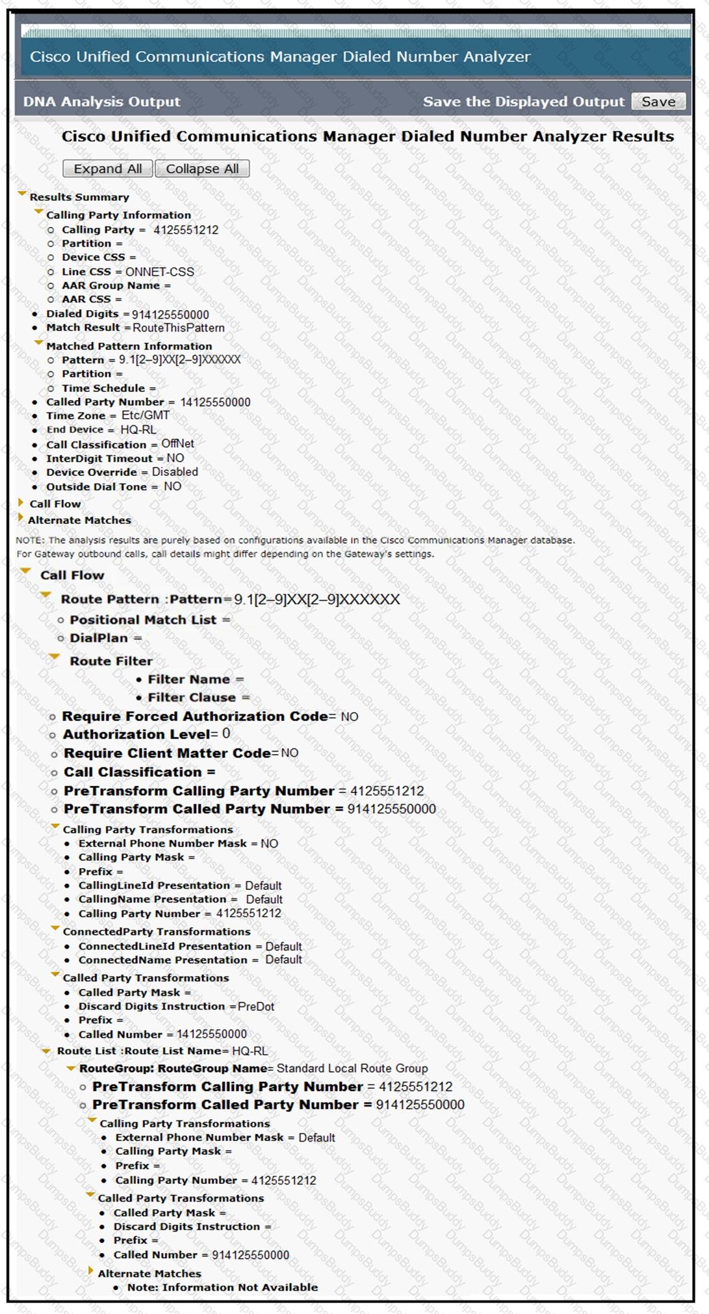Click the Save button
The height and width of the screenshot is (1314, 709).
coord(658,101)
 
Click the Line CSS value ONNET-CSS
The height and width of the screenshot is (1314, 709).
coord(159,272)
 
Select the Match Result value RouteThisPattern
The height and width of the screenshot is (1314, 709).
coord(179,328)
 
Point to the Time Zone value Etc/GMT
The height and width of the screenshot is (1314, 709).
coord(146,415)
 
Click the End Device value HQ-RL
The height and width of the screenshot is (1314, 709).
coord(138,430)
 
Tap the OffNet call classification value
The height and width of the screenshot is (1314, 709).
coord(177,443)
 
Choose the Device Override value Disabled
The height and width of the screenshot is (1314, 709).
coord(175,472)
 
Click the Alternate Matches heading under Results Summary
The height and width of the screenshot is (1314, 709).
coord(79,520)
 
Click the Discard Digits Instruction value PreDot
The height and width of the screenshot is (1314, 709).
coord(256,1006)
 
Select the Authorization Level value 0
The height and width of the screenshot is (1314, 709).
coord(226,734)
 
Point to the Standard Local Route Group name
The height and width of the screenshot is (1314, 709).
coord(352,1068)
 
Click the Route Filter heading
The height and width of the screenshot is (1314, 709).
coord(111,661)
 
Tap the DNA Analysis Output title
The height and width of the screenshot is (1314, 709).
coord(102,101)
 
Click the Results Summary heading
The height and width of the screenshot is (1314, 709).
coord(79,197)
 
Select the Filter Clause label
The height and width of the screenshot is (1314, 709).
coord(192,698)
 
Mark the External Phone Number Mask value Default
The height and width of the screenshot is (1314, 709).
coord(316,1138)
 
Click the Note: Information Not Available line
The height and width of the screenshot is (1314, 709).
coord(222,1287)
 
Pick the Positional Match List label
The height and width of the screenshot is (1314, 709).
coord(143,620)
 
